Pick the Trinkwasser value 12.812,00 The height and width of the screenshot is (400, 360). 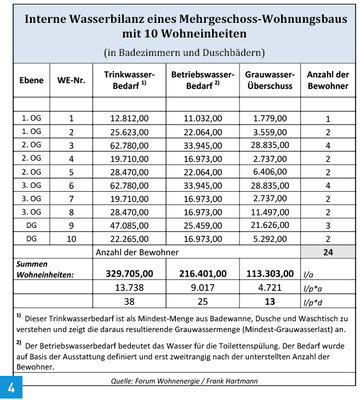coord(133,118)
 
